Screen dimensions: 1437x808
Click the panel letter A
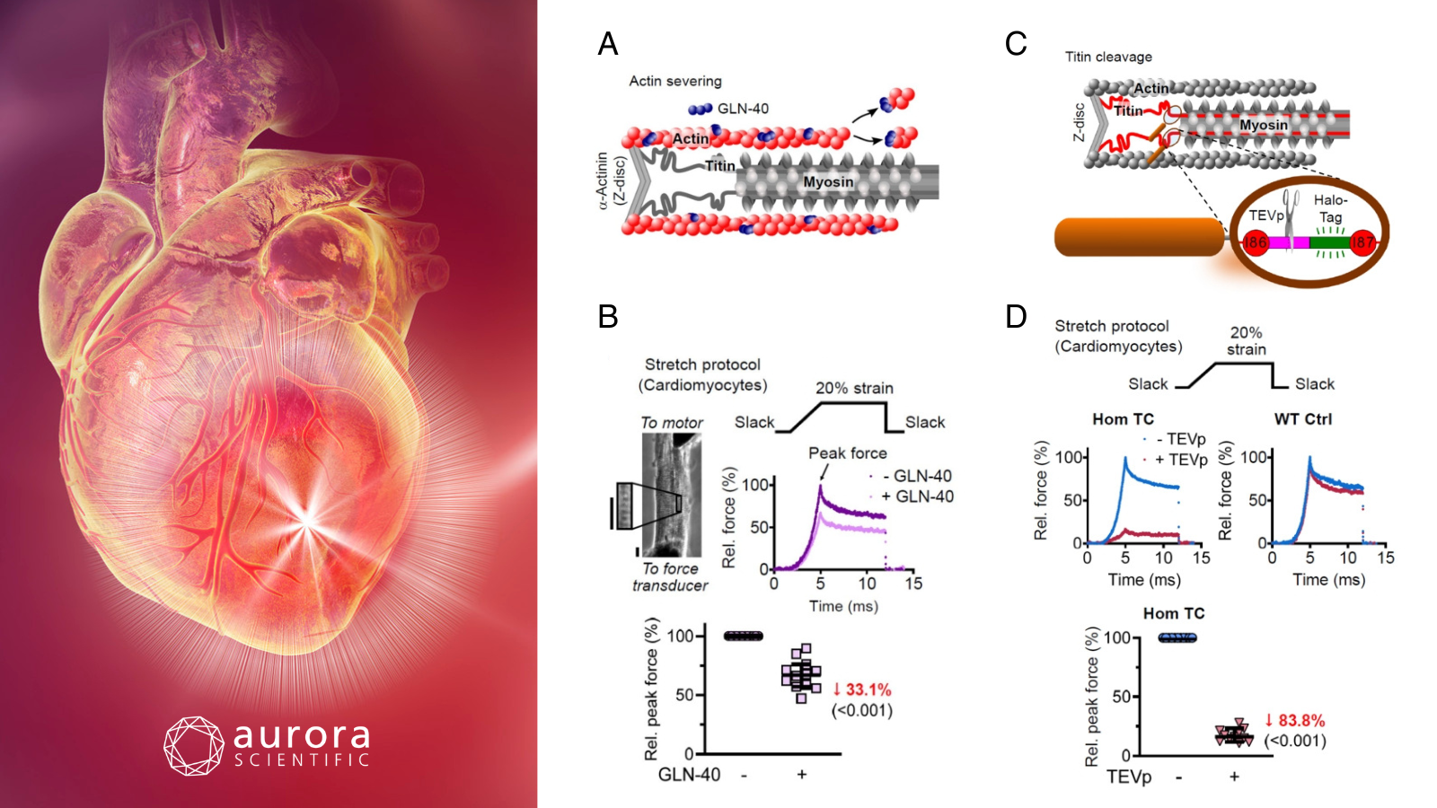coord(607,44)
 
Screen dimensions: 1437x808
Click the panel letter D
coord(1016,317)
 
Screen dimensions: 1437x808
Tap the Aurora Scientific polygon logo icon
coord(194,746)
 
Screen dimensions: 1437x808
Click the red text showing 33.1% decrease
coord(861,690)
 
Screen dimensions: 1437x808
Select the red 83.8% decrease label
coord(1294,721)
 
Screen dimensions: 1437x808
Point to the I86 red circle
coord(1256,242)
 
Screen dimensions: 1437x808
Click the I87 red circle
coord(1362,242)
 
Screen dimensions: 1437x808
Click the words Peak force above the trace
coord(848,453)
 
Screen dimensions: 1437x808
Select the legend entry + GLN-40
coord(917,496)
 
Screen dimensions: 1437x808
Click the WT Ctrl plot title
coord(1302,419)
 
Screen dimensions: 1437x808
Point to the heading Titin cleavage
coord(1108,57)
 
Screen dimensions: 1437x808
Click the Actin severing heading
coord(674,82)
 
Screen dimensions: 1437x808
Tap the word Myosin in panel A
coord(828,182)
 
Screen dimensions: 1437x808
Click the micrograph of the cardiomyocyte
coord(672,495)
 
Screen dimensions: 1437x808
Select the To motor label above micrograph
coord(672,423)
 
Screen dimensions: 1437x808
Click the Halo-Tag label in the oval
coord(1330,208)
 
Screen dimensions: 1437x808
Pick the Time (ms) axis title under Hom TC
coord(1144,580)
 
